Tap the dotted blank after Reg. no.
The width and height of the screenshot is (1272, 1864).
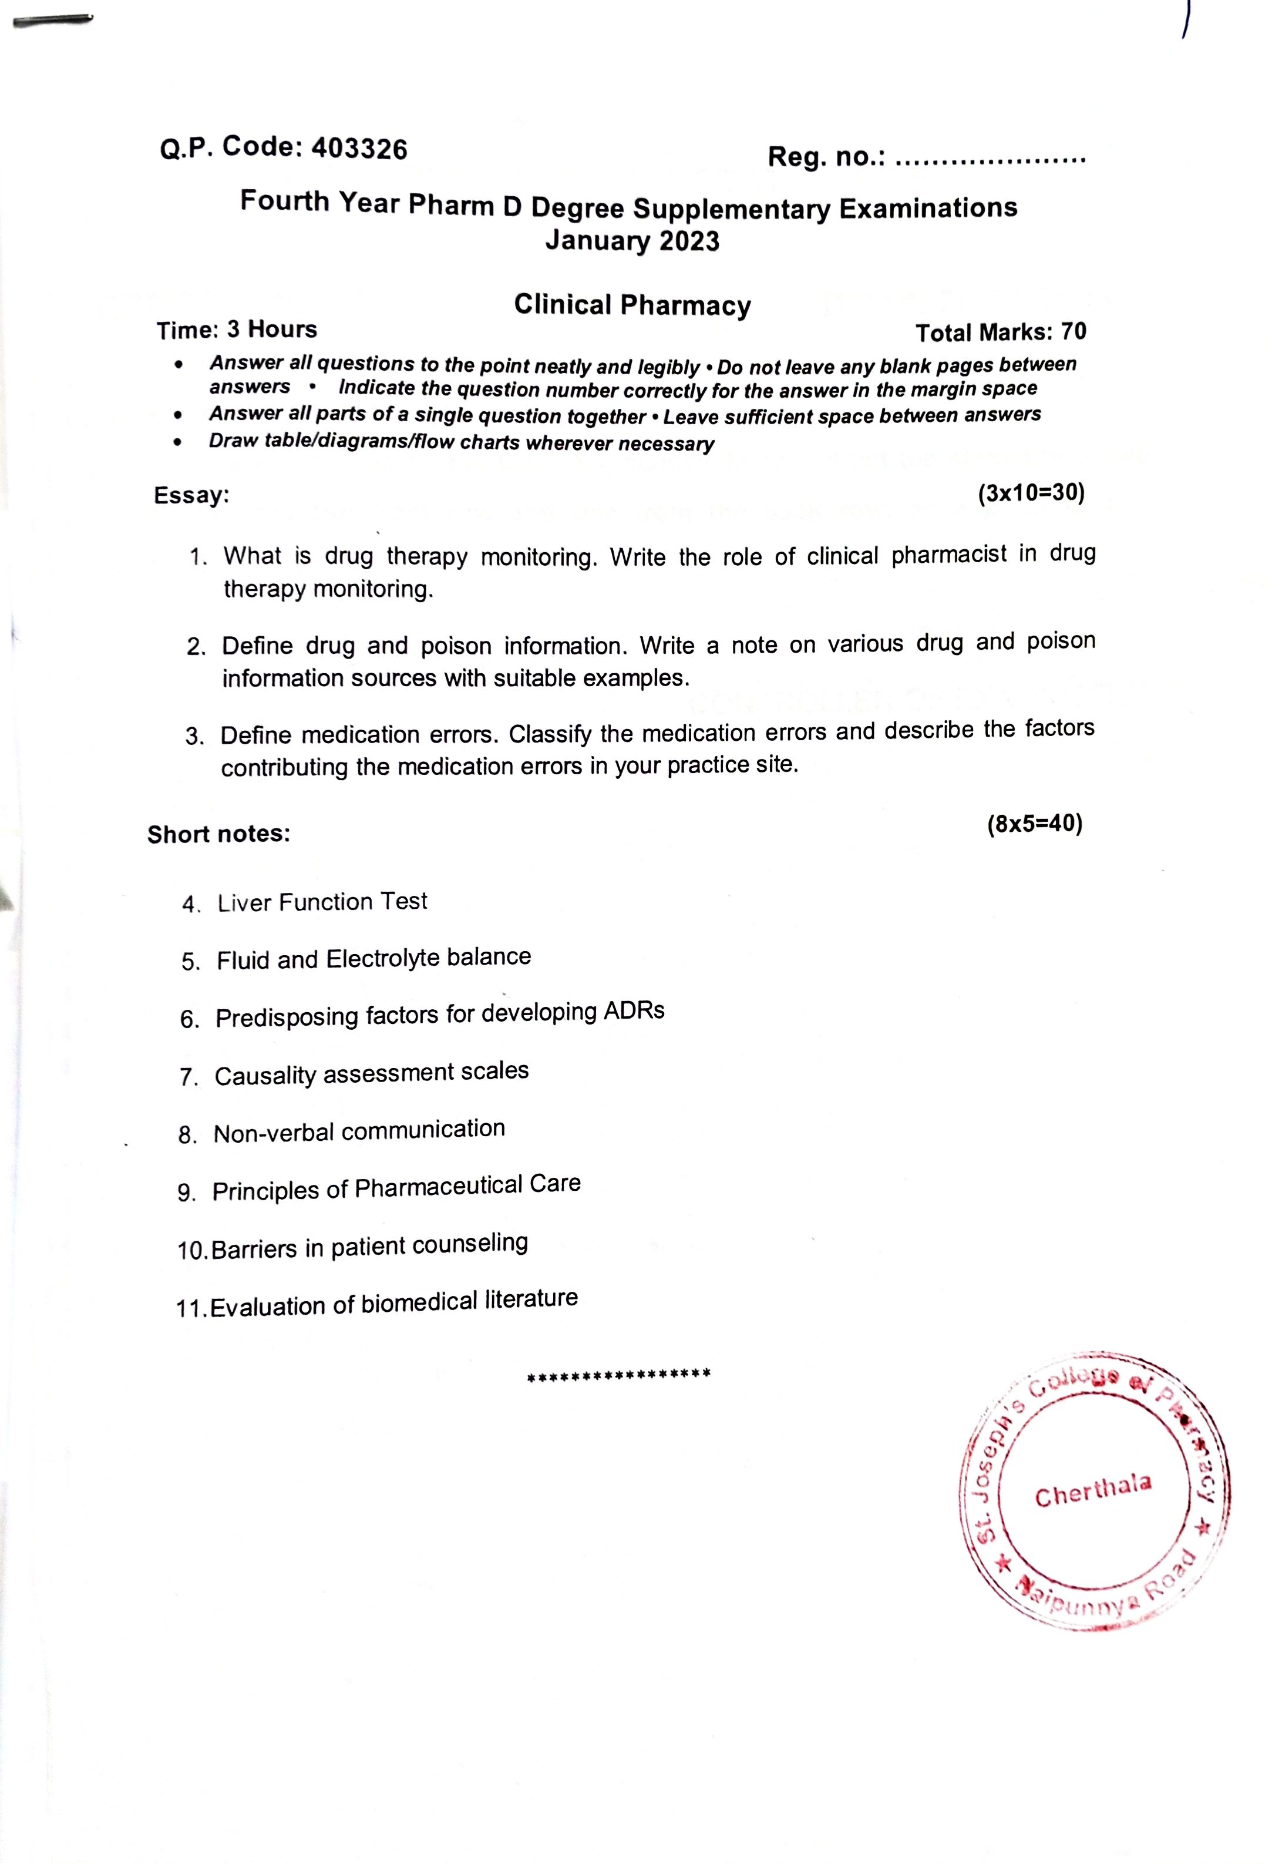[989, 158]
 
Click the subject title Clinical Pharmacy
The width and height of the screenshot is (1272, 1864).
[632, 305]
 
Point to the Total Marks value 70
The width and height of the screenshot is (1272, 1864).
[1073, 331]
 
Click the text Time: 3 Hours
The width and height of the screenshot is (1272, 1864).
[237, 330]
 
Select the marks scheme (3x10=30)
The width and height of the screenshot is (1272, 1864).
[1031, 492]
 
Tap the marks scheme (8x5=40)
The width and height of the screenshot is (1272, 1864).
[1035, 824]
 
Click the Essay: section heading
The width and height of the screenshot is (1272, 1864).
[191, 495]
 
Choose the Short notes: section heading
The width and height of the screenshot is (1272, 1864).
[218, 834]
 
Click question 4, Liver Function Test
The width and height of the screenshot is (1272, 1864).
[322, 902]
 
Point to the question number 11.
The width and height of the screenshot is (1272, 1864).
[191, 1309]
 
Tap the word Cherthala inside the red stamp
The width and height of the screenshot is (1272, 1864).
[1092, 1490]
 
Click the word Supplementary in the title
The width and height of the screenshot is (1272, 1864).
[732, 209]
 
